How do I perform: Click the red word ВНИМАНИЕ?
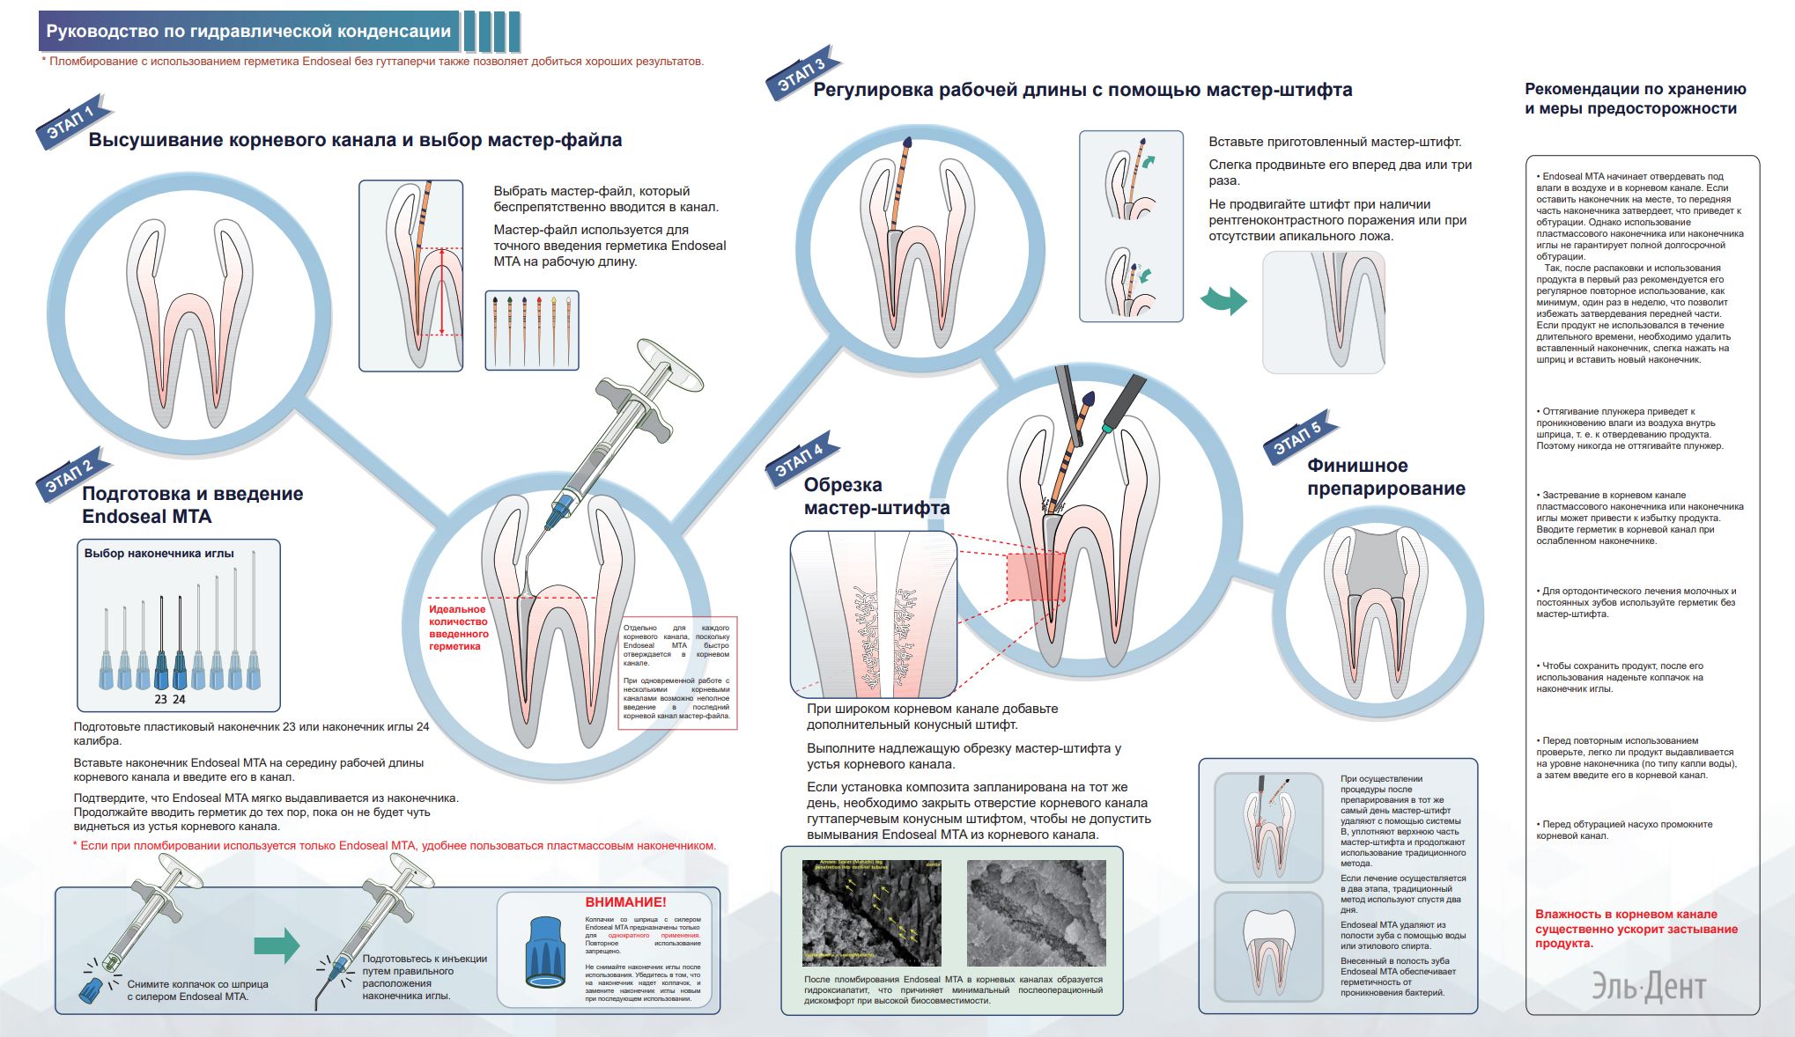click(x=625, y=902)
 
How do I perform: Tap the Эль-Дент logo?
click(x=1648, y=987)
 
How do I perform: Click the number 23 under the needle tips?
click(x=160, y=700)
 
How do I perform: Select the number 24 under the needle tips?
click(x=179, y=700)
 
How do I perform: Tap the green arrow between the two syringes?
click(x=277, y=946)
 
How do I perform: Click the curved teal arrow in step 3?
click(x=1224, y=299)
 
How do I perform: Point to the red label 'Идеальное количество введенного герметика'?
click(x=458, y=628)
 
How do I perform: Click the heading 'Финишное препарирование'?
click(x=1385, y=477)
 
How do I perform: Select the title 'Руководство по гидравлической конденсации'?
click(x=248, y=32)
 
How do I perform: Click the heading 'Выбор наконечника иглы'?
click(x=159, y=554)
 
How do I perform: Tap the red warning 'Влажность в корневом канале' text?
click(x=1636, y=929)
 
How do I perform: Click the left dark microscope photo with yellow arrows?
click(x=871, y=913)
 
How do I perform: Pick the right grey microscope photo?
click(x=1036, y=913)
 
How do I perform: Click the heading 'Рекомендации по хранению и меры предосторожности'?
click(x=1635, y=99)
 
